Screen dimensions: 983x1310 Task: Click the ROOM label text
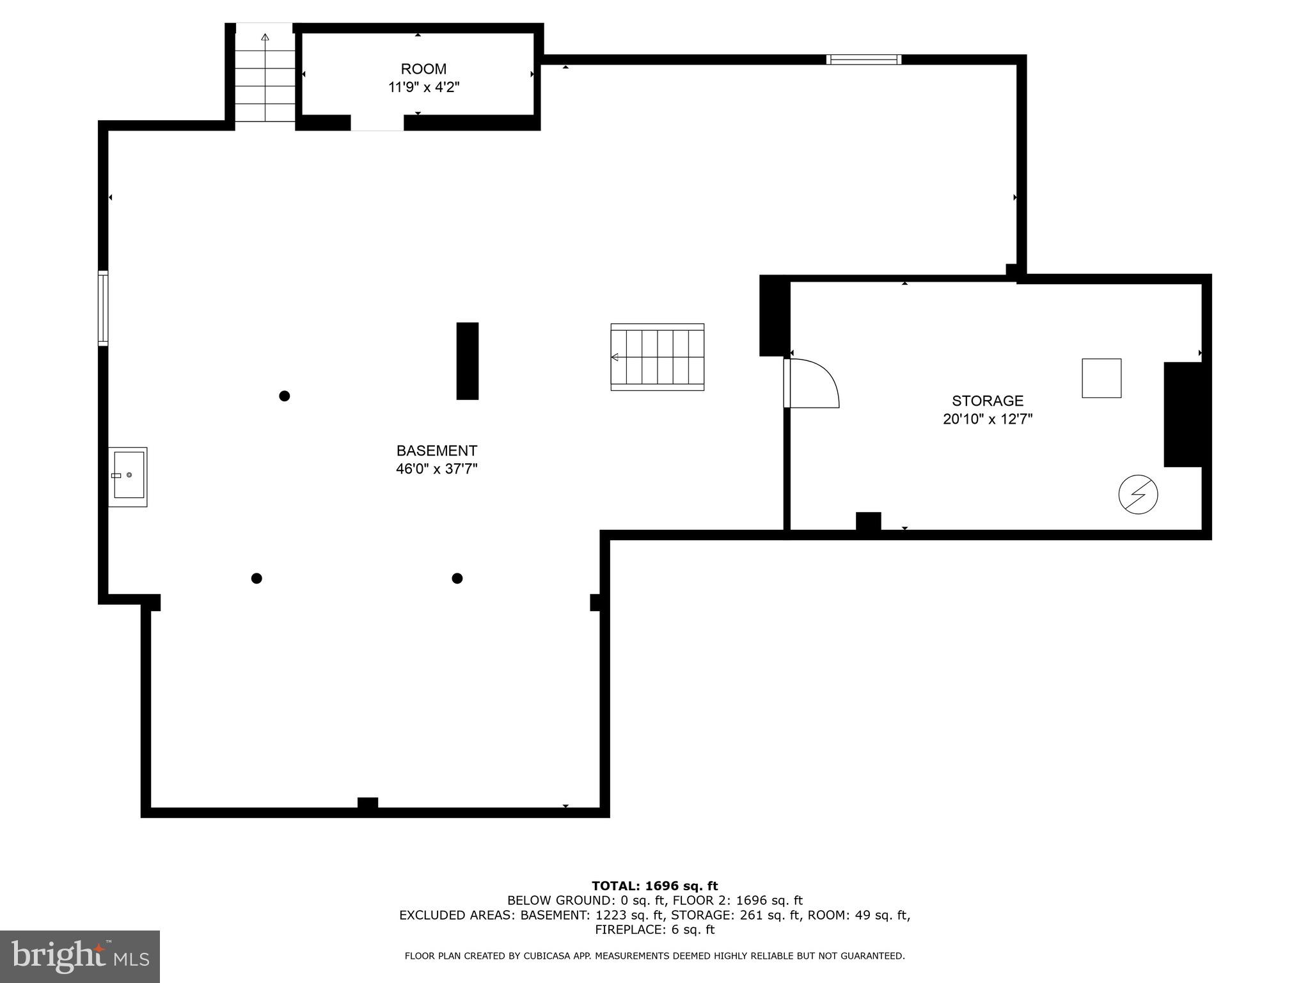(423, 69)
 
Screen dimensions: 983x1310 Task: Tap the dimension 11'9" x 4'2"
(423, 88)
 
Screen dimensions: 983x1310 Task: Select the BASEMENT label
(436, 451)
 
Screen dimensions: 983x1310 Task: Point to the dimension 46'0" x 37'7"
(436, 469)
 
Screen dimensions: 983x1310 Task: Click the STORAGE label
(987, 401)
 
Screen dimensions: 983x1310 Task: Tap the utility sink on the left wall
(128, 476)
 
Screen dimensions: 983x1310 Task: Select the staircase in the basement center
(657, 357)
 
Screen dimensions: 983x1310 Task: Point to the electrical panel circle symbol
(1138, 495)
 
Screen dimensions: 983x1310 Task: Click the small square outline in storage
(1101, 378)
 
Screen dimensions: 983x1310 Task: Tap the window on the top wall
(864, 60)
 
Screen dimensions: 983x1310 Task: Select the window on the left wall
(103, 308)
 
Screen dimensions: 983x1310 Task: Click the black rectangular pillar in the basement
(467, 361)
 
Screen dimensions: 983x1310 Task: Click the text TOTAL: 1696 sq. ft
(654, 886)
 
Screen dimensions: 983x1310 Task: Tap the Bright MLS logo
(79, 956)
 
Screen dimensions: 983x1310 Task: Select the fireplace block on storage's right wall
(1183, 415)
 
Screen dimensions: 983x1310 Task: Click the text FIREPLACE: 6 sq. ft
(654, 930)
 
